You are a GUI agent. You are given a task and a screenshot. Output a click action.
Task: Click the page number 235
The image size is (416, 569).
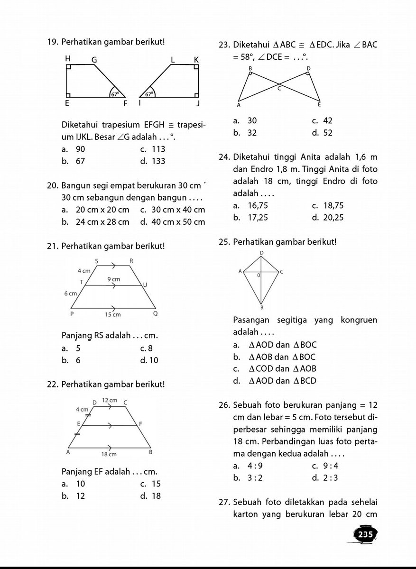point(366,535)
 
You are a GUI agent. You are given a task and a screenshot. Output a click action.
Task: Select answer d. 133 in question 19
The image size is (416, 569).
point(153,161)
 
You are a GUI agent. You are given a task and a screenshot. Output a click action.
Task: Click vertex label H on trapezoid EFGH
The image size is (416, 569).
point(68,58)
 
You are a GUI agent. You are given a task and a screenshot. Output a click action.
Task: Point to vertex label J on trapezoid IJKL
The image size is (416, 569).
point(199,103)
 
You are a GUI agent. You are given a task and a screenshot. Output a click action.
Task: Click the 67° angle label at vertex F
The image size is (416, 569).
point(114,94)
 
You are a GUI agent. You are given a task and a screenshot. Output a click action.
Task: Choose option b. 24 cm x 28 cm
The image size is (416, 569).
point(95,221)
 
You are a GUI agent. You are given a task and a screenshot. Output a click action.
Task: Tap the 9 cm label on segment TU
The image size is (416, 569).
point(113,279)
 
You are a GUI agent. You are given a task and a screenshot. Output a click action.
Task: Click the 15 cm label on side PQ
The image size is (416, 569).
point(113,314)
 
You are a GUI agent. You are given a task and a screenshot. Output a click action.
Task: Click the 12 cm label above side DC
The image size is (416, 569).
point(110,401)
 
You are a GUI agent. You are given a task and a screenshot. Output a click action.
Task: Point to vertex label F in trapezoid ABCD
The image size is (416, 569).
point(141,423)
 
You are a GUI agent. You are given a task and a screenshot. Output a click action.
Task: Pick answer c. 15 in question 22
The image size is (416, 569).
point(151,484)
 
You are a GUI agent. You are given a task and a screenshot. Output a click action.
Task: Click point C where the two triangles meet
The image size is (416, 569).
point(279,88)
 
